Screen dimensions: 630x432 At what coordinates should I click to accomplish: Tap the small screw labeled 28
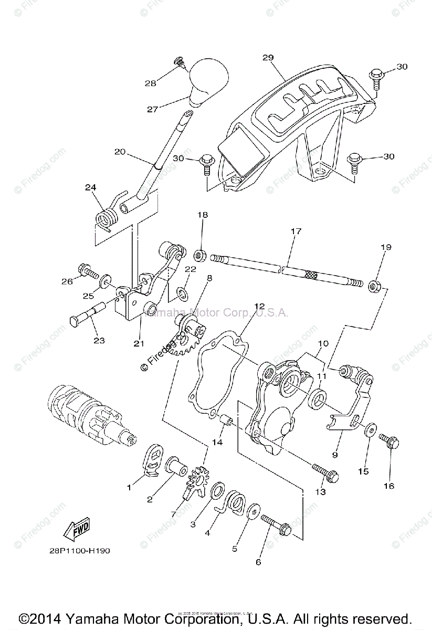180,64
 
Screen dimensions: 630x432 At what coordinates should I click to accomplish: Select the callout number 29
268,57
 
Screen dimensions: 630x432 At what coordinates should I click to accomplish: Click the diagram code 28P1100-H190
77,551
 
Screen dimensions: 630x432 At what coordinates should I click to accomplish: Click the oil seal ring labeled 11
318,398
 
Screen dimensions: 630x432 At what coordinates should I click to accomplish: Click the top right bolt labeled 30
376,77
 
